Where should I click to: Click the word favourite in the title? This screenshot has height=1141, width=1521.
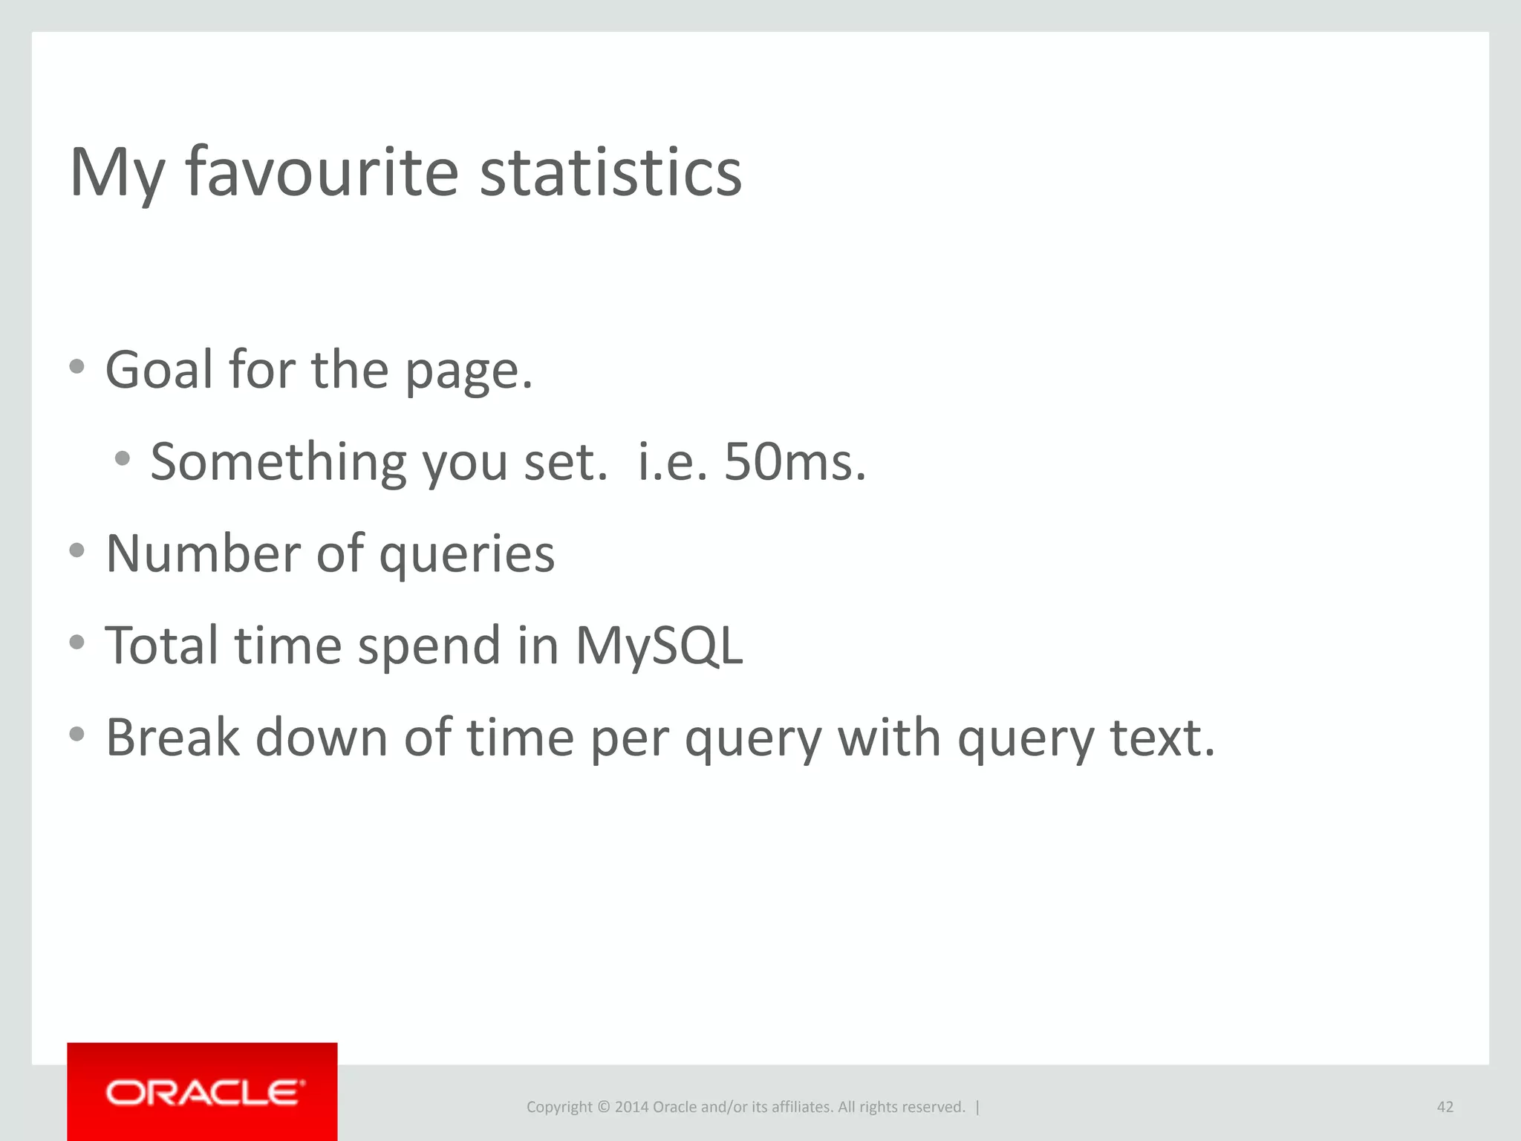click(322, 172)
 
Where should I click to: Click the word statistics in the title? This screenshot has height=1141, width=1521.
click(610, 172)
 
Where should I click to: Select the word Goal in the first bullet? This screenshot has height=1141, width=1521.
click(159, 369)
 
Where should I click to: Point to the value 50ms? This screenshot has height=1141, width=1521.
click(795, 462)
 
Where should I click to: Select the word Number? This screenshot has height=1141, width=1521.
click(202, 553)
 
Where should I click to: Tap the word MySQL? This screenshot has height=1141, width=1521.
click(659, 646)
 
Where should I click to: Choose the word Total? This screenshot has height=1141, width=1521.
click(163, 645)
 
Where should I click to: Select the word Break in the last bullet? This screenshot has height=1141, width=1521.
click(172, 737)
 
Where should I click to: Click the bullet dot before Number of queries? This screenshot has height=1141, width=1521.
click(77, 550)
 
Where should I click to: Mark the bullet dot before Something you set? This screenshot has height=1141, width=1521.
click(123, 458)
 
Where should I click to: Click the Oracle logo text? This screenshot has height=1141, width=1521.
click(205, 1093)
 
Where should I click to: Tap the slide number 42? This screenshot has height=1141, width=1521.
click(1445, 1107)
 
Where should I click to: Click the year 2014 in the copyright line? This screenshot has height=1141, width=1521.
click(631, 1107)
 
